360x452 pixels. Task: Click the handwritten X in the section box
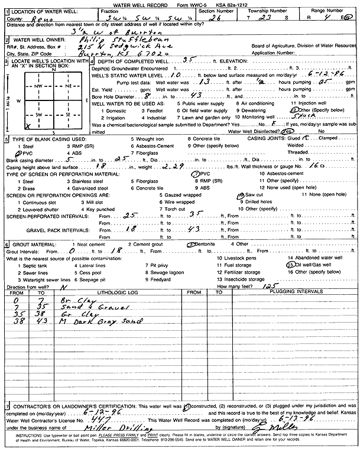click(x=28, y=126)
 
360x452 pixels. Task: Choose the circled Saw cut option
click(x=253, y=195)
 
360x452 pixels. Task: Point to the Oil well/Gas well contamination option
click(x=309, y=265)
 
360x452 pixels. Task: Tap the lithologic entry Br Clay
click(x=72, y=300)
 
